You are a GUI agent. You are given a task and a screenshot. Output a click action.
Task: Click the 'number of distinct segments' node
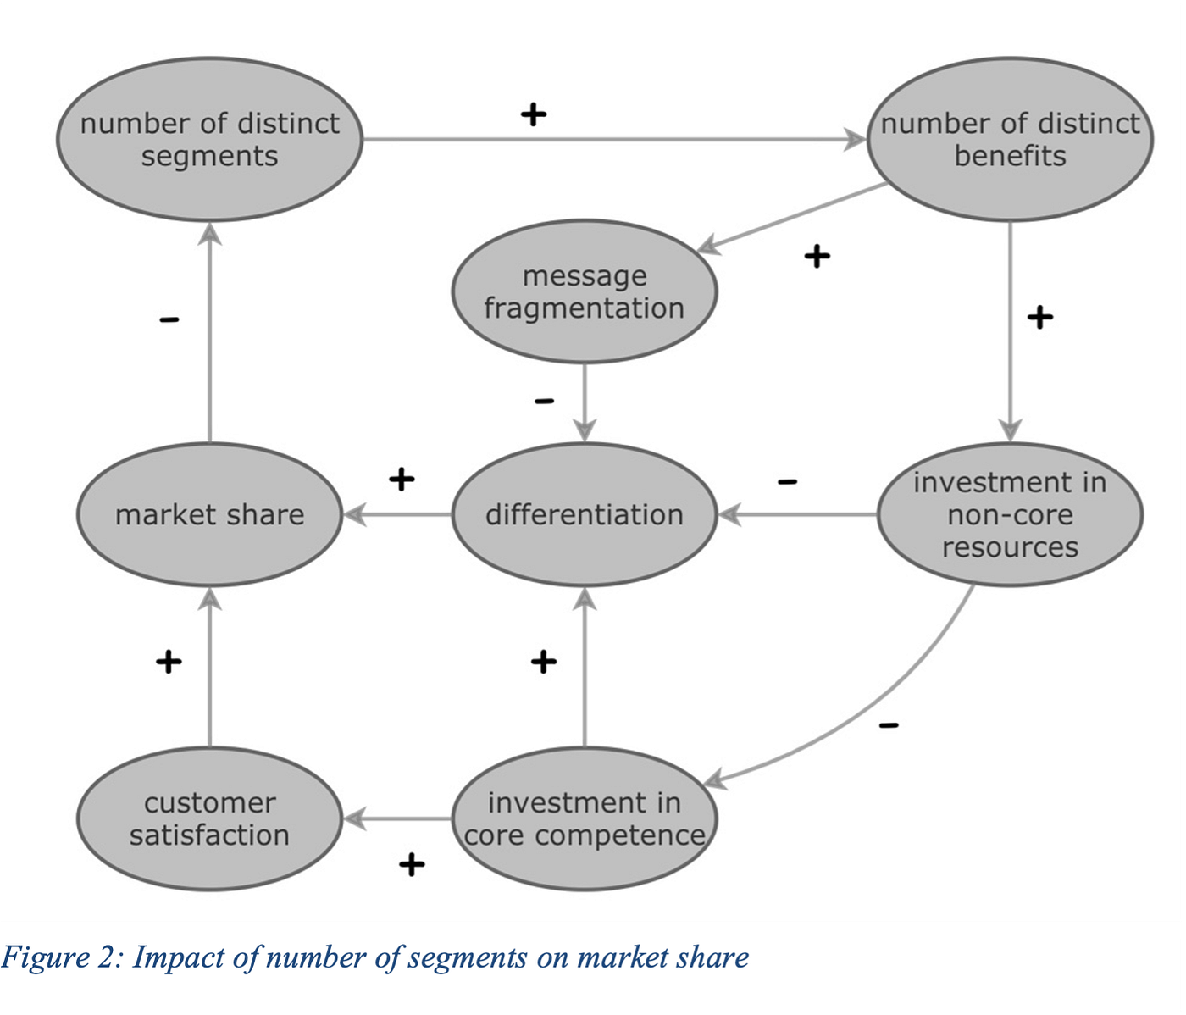pyautogui.click(x=209, y=140)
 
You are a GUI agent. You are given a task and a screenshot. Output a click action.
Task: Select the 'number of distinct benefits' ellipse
pyautogui.click(x=1010, y=140)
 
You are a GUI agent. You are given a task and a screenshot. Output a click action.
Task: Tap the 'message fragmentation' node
pyautogui.click(x=585, y=291)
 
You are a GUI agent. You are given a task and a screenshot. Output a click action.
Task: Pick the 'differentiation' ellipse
pyautogui.click(x=585, y=514)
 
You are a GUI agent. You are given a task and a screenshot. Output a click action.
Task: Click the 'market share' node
pyautogui.click(x=209, y=514)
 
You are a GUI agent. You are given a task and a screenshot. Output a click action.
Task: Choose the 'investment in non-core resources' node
pyautogui.click(x=1010, y=514)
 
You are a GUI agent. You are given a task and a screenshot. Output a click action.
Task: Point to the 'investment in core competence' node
pyautogui.click(x=585, y=818)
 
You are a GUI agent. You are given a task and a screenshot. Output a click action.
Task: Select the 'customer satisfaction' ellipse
pyautogui.click(x=209, y=818)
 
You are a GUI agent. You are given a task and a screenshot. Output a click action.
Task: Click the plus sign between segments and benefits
pyautogui.click(x=533, y=114)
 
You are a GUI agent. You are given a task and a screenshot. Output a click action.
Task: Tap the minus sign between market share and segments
pyautogui.click(x=169, y=319)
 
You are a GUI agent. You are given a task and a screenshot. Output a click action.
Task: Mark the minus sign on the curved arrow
pyautogui.click(x=889, y=725)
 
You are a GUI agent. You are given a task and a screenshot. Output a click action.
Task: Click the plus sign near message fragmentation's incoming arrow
pyautogui.click(x=817, y=256)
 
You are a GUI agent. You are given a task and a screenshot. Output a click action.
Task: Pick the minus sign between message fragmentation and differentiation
pyautogui.click(x=545, y=401)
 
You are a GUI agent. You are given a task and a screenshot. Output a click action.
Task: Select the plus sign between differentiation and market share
pyautogui.click(x=402, y=480)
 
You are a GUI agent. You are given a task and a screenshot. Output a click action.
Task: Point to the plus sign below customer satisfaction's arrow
pyautogui.click(x=412, y=865)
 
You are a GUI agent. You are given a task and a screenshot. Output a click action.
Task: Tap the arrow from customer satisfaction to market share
pyautogui.click(x=209, y=669)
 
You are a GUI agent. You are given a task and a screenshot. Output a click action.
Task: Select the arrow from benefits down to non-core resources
pyautogui.click(x=1010, y=330)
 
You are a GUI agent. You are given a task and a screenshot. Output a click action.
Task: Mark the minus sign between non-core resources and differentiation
pyautogui.click(x=787, y=482)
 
